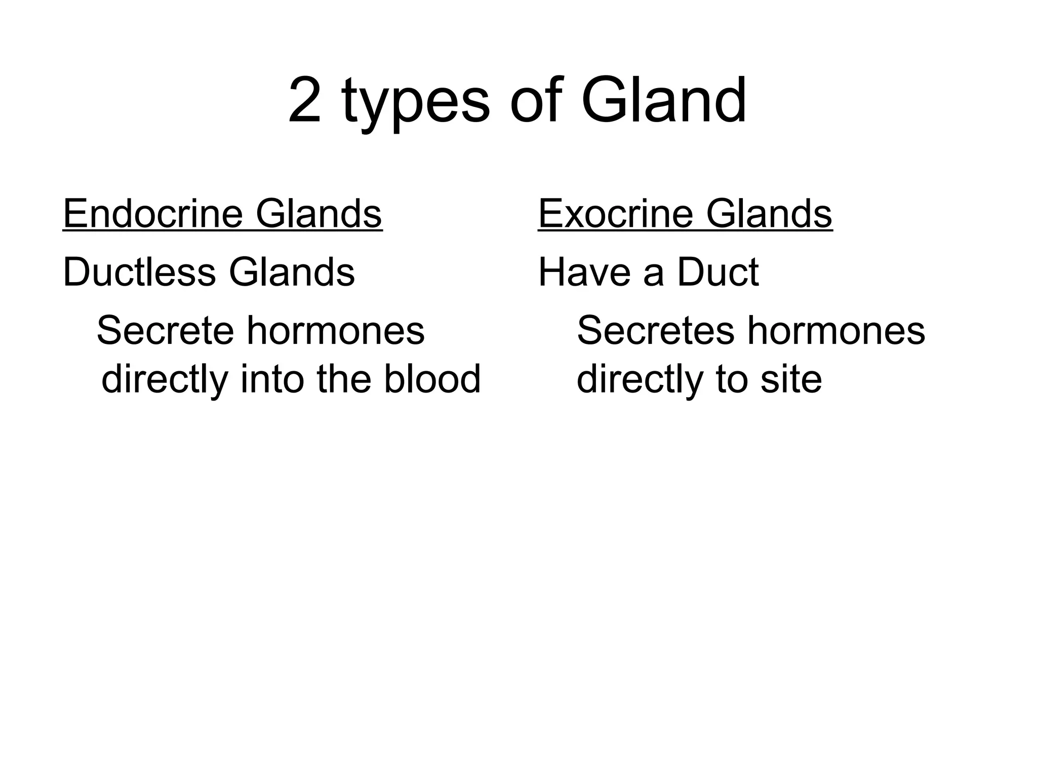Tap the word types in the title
click(416, 104)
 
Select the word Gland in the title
click(663, 101)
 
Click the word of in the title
click(536, 101)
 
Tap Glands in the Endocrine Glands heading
click(318, 214)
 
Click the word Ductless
click(140, 272)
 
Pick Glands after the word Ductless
click(292, 272)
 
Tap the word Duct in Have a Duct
click(717, 272)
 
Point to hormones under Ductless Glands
click(336, 330)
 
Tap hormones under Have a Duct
click(836, 330)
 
